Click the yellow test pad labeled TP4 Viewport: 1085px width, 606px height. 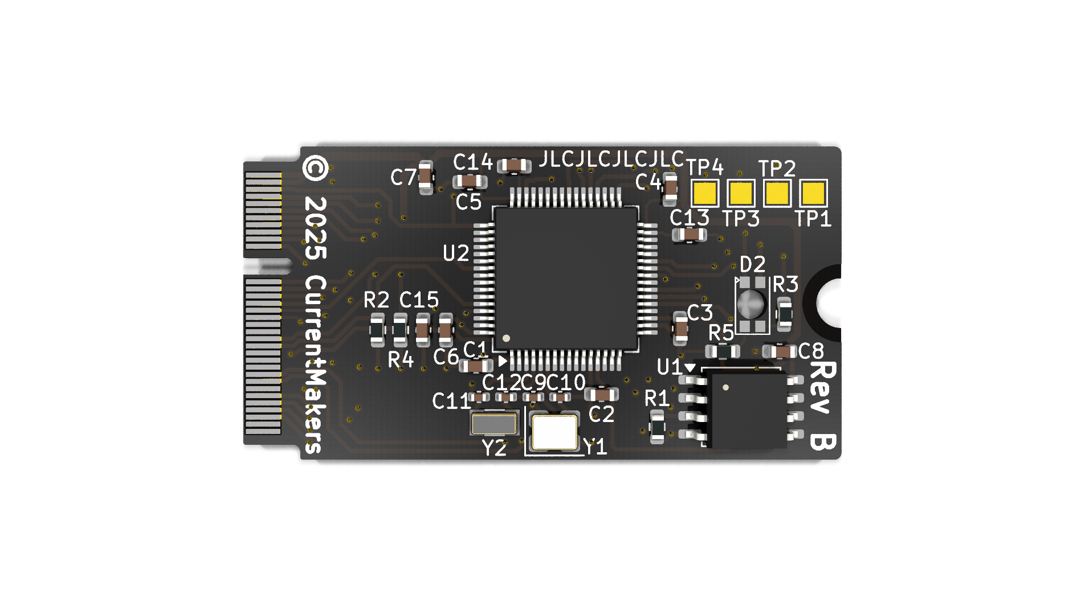coord(705,193)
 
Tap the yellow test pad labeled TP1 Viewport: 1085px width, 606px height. coord(813,193)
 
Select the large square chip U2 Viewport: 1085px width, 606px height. coord(566,278)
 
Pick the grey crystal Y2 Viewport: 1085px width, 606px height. coord(494,424)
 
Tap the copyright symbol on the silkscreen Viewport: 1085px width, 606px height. coord(315,168)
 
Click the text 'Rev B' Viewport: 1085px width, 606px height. coord(822,406)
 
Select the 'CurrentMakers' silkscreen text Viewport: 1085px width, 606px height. coord(315,365)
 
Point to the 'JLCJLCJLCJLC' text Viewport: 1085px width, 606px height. coord(611,159)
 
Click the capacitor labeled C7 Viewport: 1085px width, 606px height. coord(426,178)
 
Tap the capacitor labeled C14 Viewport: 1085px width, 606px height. coord(515,166)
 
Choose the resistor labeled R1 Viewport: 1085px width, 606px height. coord(658,427)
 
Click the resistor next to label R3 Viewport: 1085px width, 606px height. coord(785,314)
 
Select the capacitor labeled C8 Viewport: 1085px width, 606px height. coord(780,351)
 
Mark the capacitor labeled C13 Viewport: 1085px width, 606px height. coord(690,234)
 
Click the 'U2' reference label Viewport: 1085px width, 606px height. coord(456,253)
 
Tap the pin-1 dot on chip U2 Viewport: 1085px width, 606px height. coord(506,338)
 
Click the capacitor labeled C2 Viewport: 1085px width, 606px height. coord(602,394)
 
